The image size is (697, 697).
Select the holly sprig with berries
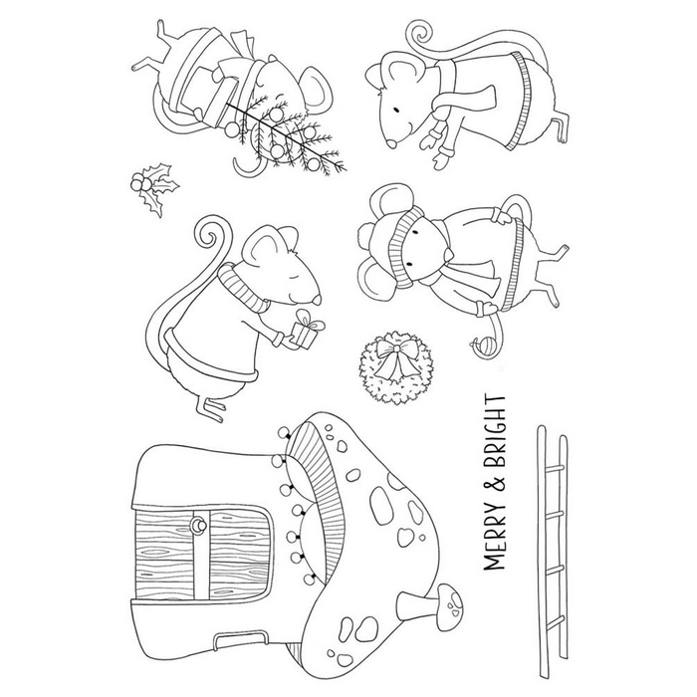pos(153,188)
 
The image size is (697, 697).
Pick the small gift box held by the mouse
pos(307,329)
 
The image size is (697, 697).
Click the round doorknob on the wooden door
pos(197,527)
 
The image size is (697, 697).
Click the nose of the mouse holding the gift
pos(317,300)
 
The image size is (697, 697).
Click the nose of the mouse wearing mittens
pos(391,143)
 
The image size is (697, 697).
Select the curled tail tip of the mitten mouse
pos(419,33)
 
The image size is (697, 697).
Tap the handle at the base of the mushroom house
pos(240,639)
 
